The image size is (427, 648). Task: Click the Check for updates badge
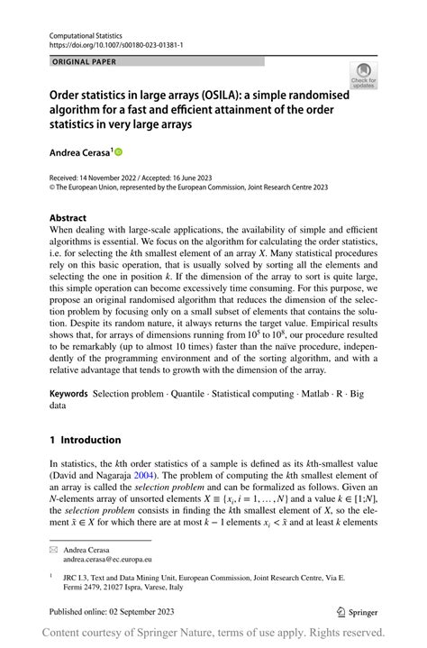(x=363, y=74)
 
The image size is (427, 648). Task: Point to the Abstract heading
(x=68, y=218)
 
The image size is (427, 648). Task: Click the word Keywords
(x=68, y=393)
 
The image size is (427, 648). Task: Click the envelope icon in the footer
(x=53, y=548)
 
